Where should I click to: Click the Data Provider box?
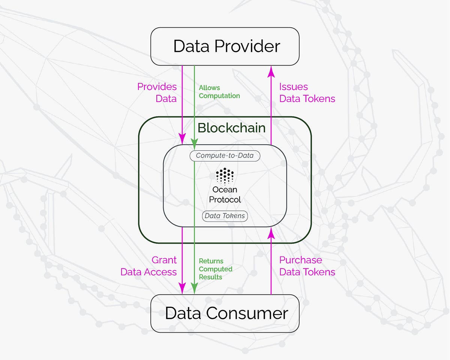[x=225, y=46]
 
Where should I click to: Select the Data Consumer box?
[x=225, y=313]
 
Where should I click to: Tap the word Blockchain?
[x=231, y=128]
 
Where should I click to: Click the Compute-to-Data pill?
[x=225, y=156]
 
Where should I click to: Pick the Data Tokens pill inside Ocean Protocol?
[x=225, y=216]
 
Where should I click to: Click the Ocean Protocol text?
[x=225, y=195]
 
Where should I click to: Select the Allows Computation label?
[x=219, y=92]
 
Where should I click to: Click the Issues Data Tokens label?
[x=307, y=93]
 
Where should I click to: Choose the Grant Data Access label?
[x=149, y=266]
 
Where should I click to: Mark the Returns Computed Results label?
[x=216, y=269]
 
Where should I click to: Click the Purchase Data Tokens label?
[x=307, y=266]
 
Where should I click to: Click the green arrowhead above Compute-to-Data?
[x=194, y=142]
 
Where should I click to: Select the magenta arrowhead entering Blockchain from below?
[x=271, y=234]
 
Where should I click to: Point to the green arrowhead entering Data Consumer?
[x=194, y=288]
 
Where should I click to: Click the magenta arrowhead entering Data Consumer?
[x=182, y=288]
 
